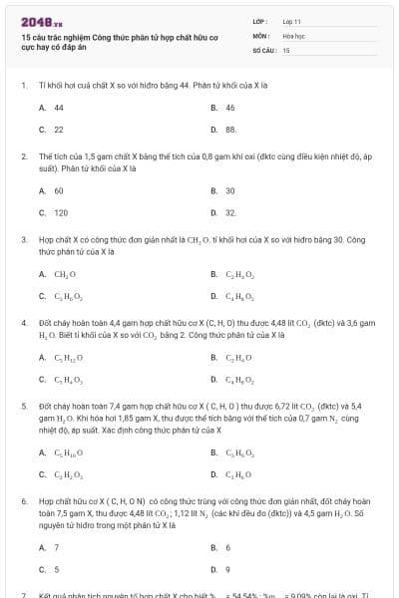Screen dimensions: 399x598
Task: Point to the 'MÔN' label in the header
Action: (x=260, y=35)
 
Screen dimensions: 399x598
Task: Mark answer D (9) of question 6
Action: (x=227, y=570)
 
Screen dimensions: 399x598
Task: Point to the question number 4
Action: (x=23, y=323)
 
